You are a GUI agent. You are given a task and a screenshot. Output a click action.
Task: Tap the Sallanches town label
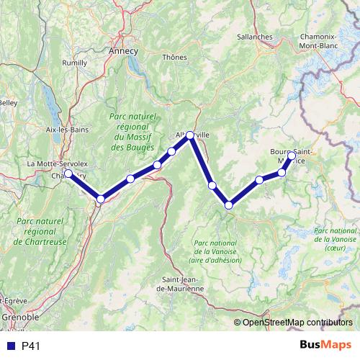click(253, 37)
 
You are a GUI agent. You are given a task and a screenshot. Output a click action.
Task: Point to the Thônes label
click(174, 57)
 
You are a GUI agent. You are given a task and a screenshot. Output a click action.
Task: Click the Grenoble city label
click(16, 317)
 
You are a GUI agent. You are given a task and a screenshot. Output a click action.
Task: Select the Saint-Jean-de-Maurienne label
click(180, 284)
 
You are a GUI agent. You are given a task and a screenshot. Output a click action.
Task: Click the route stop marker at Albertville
click(190, 135)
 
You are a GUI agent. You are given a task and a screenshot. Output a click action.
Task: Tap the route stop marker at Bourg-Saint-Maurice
click(292, 155)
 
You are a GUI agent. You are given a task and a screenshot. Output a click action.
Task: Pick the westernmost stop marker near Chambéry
click(68, 173)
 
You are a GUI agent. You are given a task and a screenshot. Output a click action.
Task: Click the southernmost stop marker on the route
click(229, 205)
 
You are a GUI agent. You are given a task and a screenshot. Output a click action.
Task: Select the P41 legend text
click(30, 346)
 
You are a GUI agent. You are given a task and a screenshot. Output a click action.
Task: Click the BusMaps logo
click(331, 346)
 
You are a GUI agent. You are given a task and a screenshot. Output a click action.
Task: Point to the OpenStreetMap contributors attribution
click(297, 322)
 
